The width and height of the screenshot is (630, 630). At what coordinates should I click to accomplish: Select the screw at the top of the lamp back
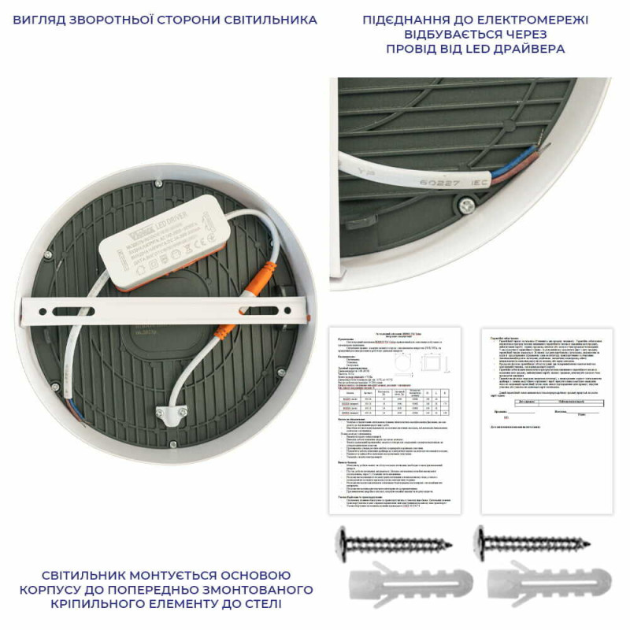coord(158,184)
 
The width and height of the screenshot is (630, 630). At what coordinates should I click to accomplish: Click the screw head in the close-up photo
coord(467,205)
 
